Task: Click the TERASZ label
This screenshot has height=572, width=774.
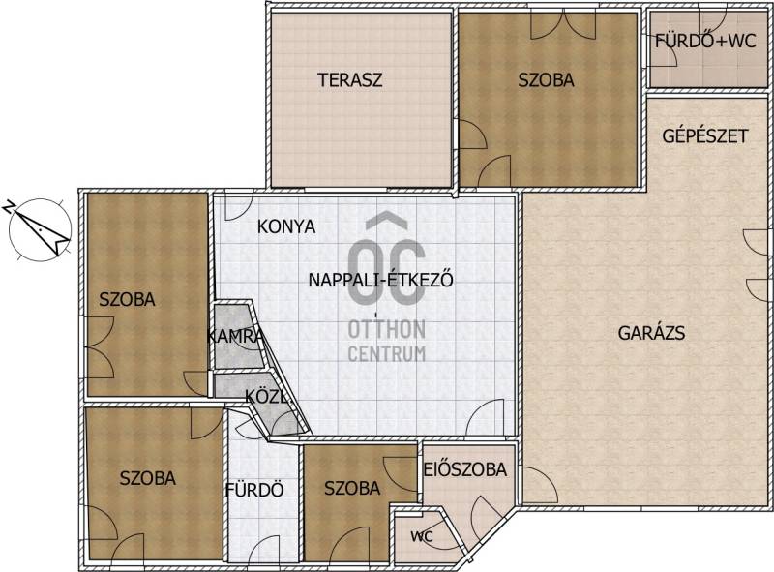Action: (349, 80)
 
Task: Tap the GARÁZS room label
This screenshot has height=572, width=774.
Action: (651, 333)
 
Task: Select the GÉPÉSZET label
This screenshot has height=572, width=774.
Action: (705, 135)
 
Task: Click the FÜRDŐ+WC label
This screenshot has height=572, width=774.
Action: (705, 41)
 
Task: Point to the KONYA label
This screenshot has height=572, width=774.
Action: (286, 226)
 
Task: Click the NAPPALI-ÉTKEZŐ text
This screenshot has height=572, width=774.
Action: (380, 280)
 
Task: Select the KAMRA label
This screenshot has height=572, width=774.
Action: (234, 337)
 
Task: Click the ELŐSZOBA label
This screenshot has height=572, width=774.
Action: (465, 469)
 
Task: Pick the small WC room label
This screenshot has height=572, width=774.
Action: (422, 536)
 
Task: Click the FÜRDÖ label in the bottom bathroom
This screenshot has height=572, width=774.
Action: (254, 490)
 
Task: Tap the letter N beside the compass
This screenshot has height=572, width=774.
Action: (10, 206)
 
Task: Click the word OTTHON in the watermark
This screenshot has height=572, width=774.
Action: (386, 329)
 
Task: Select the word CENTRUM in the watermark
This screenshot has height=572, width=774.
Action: (386, 353)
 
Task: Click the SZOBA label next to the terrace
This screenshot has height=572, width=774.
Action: (546, 80)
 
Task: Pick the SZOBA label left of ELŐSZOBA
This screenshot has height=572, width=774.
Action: (352, 489)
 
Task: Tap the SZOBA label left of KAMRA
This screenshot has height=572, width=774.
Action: (128, 299)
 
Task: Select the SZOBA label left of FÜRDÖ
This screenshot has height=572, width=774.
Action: (148, 478)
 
